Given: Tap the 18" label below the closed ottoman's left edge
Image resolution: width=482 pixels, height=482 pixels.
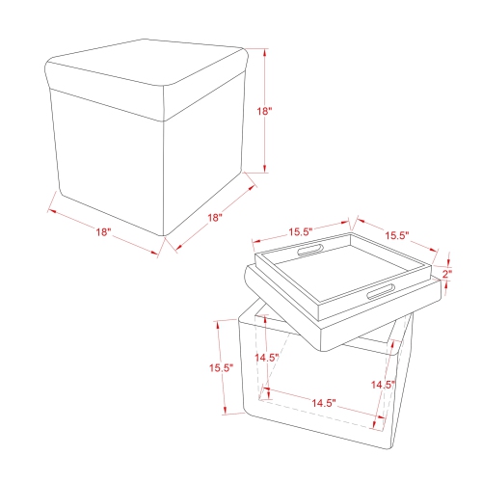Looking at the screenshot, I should (x=104, y=232).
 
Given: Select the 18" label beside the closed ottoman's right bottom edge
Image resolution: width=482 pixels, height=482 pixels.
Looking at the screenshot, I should (x=216, y=218).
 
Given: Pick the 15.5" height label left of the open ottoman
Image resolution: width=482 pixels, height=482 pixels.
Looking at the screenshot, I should (x=221, y=367).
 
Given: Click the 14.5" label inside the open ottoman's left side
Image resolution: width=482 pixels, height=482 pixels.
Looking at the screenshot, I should (x=267, y=358).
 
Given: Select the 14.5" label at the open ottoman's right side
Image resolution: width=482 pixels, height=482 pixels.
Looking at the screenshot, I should (x=383, y=385).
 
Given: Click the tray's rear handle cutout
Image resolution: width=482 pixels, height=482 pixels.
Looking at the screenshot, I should (x=310, y=252).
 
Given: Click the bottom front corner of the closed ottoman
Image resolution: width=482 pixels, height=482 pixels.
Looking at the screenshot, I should (x=166, y=237).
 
